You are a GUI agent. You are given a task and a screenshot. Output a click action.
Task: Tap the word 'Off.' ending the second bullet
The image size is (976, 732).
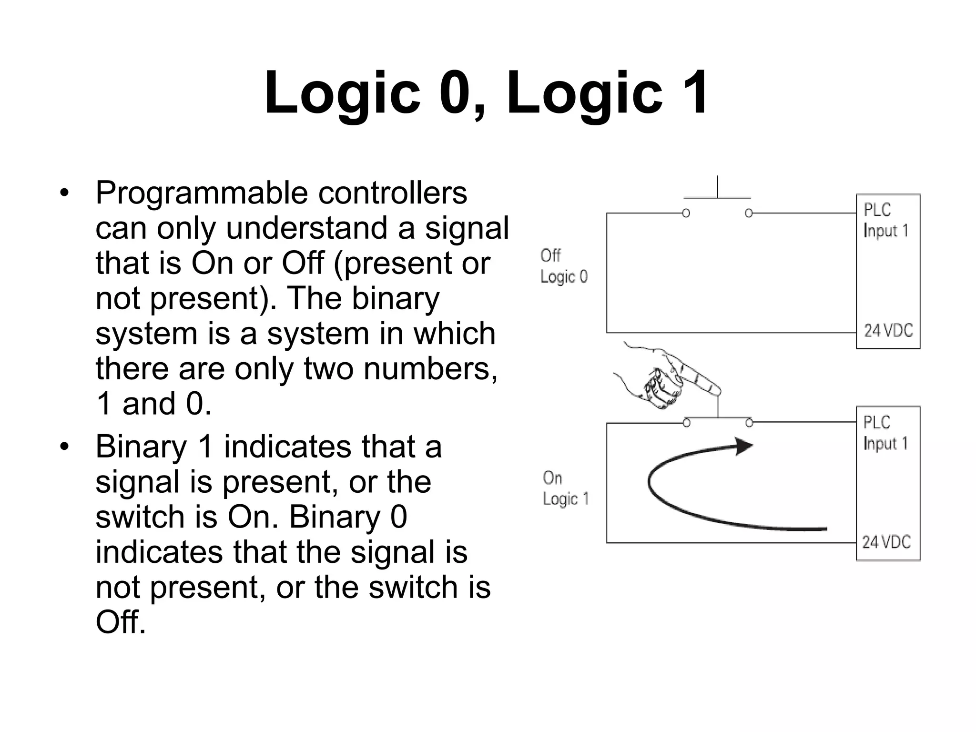pyautogui.click(x=120, y=622)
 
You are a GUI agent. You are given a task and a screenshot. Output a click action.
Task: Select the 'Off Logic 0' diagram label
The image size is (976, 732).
pyautogui.click(x=563, y=266)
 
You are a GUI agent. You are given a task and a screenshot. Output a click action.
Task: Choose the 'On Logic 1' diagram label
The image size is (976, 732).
pyautogui.click(x=565, y=488)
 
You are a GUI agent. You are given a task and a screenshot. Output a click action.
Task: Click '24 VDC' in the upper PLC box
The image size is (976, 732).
pyautogui.click(x=888, y=330)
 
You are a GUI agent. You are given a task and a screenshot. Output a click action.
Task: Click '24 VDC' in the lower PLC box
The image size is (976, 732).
pyautogui.click(x=886, y=542)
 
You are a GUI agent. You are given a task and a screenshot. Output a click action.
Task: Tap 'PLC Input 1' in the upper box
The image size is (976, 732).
pyautogui.click(x=885, y=220)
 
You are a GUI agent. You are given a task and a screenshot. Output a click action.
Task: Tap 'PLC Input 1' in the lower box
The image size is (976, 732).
pyautogui.click(x=885, y=433)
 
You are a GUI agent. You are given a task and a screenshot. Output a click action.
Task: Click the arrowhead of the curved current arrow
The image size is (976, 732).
pyautogui.click(x=744, y=446)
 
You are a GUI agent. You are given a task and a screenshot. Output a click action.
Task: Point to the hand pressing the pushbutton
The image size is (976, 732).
pyautogui.click(x=667, y=376)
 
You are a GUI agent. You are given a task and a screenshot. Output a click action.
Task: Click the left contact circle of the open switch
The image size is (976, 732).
pyautogui.click(x=686, y=213)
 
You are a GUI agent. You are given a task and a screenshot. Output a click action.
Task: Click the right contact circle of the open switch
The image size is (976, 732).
pyautogui.click(x=749, y=213)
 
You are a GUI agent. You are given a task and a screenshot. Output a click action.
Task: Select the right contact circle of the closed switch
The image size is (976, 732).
pyautogui.click(x=749, y=423)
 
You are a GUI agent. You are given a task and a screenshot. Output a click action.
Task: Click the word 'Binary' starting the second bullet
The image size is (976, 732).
pyautogui.click(x=141, y=447)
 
